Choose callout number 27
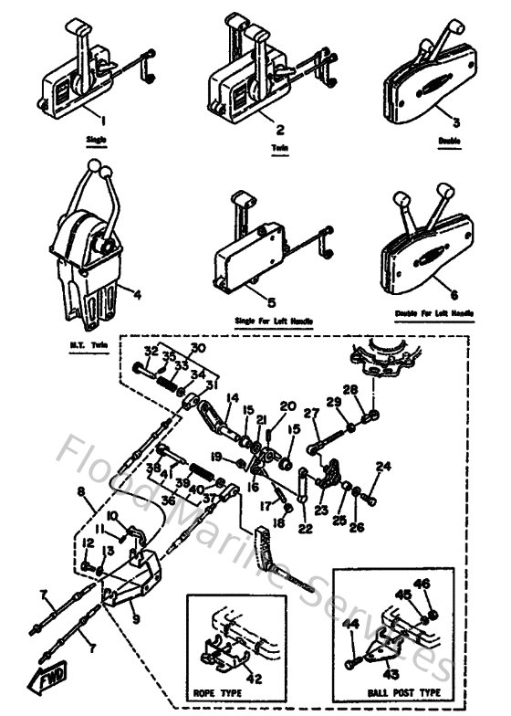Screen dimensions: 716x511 312,413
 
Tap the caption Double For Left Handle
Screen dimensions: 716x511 434,313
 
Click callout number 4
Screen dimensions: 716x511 135,295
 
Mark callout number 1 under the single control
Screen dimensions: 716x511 103,120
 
